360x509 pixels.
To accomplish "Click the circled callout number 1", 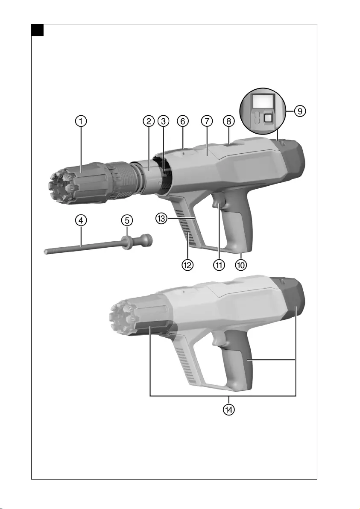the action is (x=81, y=121).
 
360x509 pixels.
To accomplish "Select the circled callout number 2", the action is (x=148, y=121).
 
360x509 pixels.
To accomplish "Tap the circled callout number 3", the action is (x=163, y=121).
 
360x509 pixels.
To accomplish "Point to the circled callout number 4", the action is (x=81, y=220).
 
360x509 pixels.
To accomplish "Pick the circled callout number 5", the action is (x=127, y=220).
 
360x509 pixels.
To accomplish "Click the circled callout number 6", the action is (x=183, y=121).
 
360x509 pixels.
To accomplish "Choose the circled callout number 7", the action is (x=207, y=121).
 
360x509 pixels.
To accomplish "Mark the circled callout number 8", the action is (x=229, y=121).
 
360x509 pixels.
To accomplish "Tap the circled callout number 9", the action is (x=300, y=111).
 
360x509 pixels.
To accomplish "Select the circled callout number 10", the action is (x=241, y=265).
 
